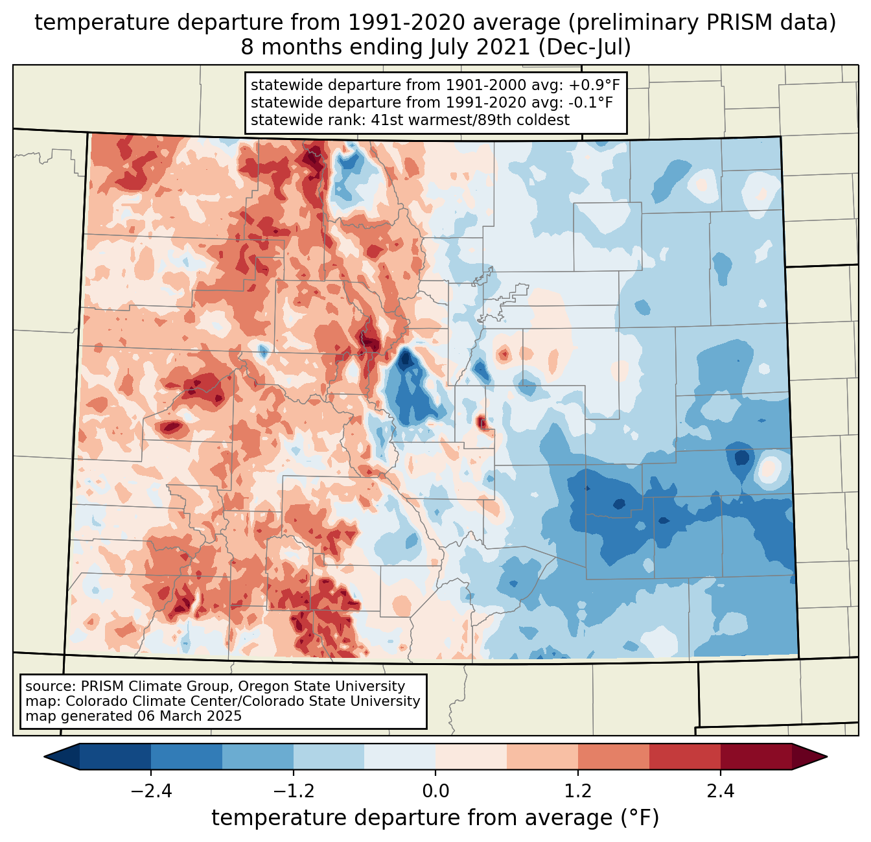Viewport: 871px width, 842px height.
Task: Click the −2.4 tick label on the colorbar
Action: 151,791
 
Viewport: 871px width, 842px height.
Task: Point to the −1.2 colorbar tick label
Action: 294,791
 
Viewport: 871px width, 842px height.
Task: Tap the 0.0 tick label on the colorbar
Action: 435,791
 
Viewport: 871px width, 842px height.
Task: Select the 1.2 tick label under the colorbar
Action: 578,791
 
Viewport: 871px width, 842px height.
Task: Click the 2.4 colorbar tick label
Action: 721,791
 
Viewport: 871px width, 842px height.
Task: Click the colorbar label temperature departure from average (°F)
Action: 435,818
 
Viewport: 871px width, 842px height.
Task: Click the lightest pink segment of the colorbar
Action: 471,756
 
